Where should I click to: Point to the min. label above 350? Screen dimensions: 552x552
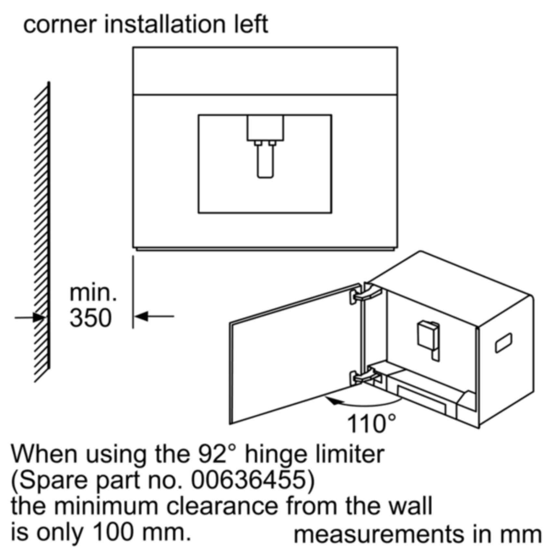coord(93,293)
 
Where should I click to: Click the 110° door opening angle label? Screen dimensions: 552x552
coord(371,423)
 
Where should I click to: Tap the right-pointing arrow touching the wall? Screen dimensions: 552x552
coord(29,317)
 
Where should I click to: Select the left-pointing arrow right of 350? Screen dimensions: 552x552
coord(154,316)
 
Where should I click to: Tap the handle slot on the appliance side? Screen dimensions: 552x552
coord(504,343)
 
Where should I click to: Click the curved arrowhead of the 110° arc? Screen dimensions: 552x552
coord(334,401)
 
